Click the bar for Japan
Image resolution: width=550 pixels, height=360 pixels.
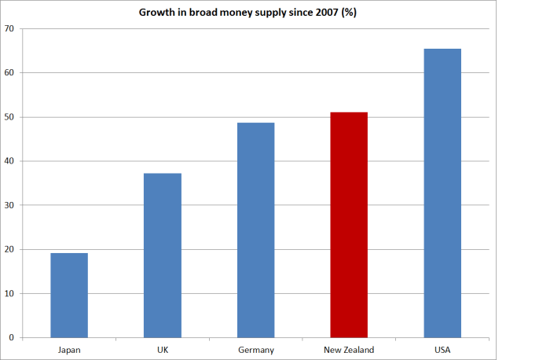[x=69, y=296]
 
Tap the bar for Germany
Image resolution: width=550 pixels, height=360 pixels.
[x=255, y=230]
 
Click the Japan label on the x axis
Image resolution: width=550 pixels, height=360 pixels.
[x=69, y=349]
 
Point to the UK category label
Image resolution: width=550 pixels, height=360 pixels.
[x=163, y=349]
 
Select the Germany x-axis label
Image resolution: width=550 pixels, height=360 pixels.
[x=255, y=349]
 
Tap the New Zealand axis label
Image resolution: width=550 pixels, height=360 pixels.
[x=349, y=349]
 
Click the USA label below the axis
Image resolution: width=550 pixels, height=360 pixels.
[x=442, y=349]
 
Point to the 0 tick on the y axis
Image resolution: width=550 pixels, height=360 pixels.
[x=13, y=338]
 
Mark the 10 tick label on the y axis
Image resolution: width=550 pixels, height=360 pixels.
[x=11, y=294]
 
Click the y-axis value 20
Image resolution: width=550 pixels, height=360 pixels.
[x=11, y=250]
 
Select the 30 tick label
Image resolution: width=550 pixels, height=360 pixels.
[x=11, y=205]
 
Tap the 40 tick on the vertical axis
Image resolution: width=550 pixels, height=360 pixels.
[x=11, y=161]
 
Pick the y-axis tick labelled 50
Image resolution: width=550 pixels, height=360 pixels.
[x=11, y=117]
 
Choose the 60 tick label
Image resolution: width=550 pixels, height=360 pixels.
[x=11, y=73]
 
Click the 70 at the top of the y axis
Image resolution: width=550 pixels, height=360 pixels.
[x=11, y=29]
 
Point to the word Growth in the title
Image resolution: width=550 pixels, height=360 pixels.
[x=157, y=13]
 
